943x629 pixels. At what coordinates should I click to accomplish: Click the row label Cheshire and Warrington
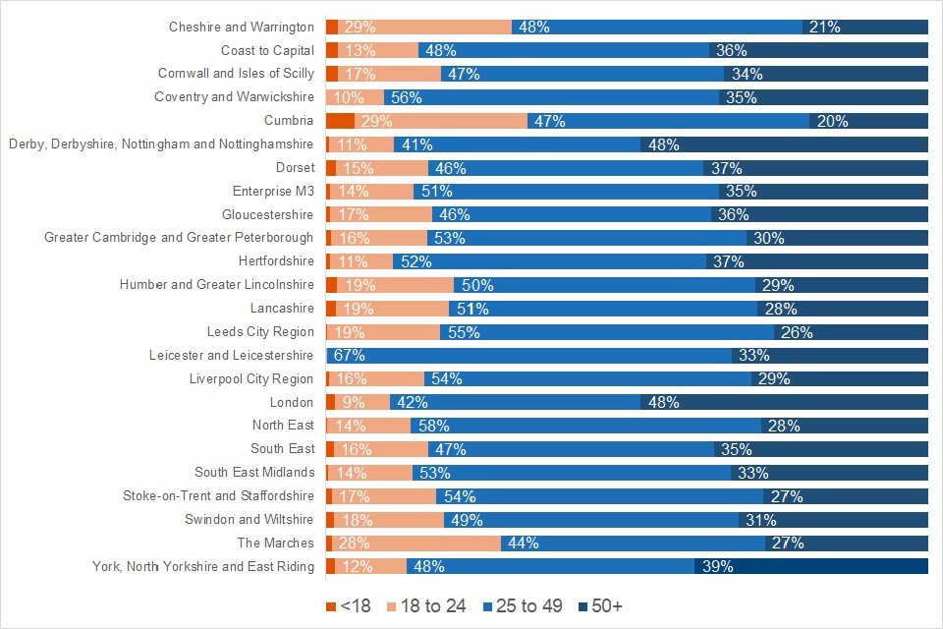[x=242, y=27]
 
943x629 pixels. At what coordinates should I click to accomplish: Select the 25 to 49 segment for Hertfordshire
[x=549, y=261]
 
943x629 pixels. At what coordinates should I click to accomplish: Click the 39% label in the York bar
[x=717, y=566]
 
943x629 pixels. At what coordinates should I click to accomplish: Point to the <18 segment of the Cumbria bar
[x=340, y=121]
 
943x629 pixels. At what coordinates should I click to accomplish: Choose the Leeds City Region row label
[x=260, y=332]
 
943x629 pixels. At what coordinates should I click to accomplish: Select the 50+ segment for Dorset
[x=815, y=168]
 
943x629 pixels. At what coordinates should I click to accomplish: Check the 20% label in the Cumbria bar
[x=832, y=121]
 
